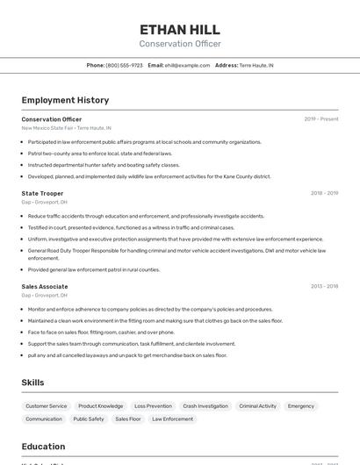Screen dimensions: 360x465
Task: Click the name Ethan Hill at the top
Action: coord(180,29)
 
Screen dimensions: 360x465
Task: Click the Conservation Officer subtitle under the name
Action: coord(180,44)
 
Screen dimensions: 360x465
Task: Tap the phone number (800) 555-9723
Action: coord(124,65)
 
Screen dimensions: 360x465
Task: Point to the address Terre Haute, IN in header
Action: coord(256,65)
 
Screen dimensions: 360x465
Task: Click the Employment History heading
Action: coord(65,100)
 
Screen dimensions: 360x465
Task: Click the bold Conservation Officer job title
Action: coord(52,119)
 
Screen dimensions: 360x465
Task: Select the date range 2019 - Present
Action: coord(320,119)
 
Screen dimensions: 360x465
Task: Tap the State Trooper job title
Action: coord(42,193)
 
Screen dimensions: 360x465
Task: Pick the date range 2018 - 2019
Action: coord(324,193)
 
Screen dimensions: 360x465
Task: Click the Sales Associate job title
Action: coord(45,286)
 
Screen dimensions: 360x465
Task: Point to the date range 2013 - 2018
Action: coord(324,286)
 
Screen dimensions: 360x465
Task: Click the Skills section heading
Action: coord(33,383)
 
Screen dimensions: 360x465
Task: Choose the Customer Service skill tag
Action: coord(46,406)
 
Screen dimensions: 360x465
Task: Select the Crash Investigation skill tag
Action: coord(205,406)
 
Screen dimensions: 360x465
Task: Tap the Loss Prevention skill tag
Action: coord(153,406)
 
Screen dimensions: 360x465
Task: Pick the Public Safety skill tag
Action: coord(89,419)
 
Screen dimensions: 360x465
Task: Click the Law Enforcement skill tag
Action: coord(172,419)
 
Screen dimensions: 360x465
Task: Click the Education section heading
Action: coord(44,447)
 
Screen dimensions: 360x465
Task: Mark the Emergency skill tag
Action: coord(300,406)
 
